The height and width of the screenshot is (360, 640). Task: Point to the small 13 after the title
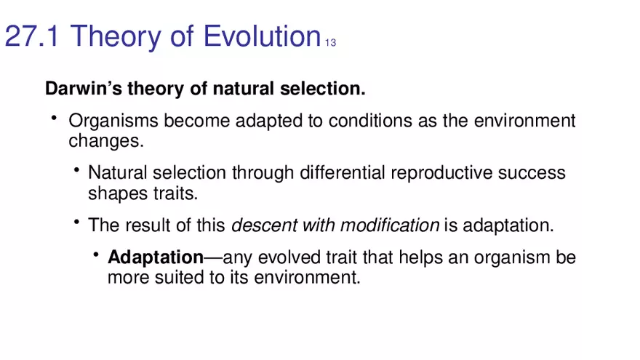[x=330, y=42]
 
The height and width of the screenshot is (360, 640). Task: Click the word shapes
[x=109, y=193]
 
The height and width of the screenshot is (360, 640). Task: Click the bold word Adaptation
[x=155, y=257]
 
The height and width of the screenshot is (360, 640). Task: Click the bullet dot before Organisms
[x=54, y=118]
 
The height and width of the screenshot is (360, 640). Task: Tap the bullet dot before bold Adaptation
[x=95, y=255]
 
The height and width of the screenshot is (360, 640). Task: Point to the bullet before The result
[x=76, y=223]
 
